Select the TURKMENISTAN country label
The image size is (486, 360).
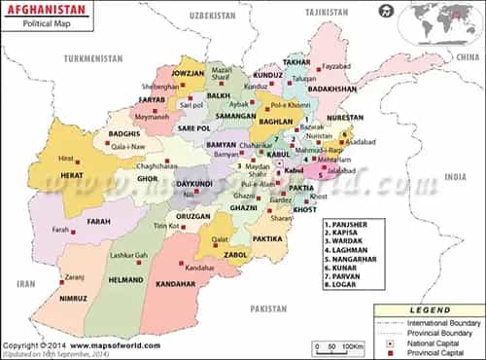point(93,58)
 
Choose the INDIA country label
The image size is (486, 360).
point(455,177)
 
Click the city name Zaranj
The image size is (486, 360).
point(75,276)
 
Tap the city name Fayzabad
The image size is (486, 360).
point(335,66)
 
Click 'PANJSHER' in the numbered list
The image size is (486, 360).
point(352,224)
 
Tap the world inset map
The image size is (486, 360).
point(444,21)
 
